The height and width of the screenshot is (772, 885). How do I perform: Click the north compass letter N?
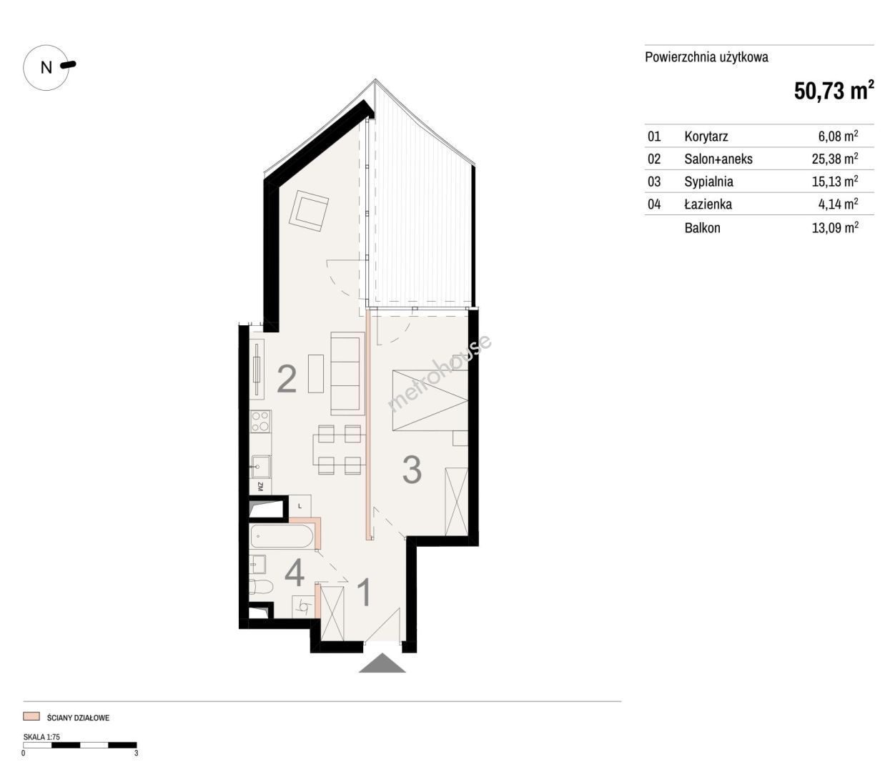tap(46, 68)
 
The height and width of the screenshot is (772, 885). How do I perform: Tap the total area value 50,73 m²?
tap(834, 91)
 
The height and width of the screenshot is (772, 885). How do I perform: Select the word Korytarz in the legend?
tap(706, 137)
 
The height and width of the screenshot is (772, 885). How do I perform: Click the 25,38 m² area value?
tap(835, 159)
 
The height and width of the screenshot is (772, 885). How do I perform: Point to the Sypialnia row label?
tap(708, 182)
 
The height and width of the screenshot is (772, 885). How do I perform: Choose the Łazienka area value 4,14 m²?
tap(838, 204)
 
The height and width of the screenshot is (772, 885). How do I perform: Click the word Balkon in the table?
tap(702, 228)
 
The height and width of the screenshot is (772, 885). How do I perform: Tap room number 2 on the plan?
tap(287, 379)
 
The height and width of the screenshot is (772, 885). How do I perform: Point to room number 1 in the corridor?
tap(365, 593)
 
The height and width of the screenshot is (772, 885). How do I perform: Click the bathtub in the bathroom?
tap(281, 537)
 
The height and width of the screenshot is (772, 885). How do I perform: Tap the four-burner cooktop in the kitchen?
tap(260, 421)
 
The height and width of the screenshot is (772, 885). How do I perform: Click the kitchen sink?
tap(260, 467)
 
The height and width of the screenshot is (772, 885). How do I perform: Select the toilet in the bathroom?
tap(261, 586)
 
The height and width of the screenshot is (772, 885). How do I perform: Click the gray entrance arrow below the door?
tap(382, 663)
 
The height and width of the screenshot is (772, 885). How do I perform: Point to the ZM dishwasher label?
tap(260, 487)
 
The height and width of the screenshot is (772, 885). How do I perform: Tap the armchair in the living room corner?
tap(309, 211)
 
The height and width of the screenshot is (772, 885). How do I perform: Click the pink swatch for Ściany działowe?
tap(31, 716)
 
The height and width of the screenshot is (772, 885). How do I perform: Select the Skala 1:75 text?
tap(41, 737)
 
